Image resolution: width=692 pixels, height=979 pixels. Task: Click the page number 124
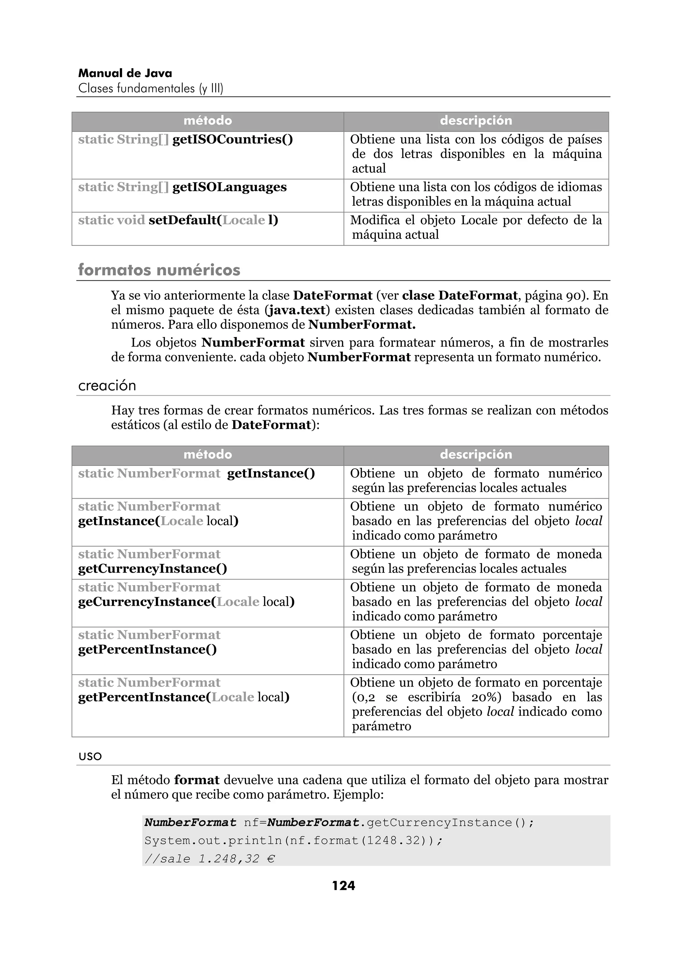pyautogui.click(x=343, y=886)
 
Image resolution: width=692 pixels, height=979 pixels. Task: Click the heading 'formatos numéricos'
pyautogui.click(x=159, y=270)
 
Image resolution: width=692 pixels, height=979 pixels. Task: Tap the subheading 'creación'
pyautogui.click(x=107, y=385)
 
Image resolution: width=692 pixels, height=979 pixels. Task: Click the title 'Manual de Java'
pyautogui.click(x=125, y=73)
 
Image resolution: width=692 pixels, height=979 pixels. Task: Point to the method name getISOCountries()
pyautogui.click(x=232, y=140)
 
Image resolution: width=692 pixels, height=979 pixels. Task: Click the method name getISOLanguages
pyautogui.click(x=229, y=187)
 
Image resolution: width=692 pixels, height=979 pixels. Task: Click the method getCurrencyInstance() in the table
pyautogui.click(x=152, y=569)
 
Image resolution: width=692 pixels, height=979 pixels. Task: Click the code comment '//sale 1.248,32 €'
pyautogui.click(x=209, y=858)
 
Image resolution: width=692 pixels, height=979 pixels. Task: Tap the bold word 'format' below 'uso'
pyautogui.click(x=197, y=780)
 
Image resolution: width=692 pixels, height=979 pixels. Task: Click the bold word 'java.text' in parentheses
pyautogui.click(x=297, y=310)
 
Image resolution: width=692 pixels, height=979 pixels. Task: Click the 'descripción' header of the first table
pyautogui.click(x=476, y=121)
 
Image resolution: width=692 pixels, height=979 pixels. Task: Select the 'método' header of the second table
pyautogui.click(x=208, y=455)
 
